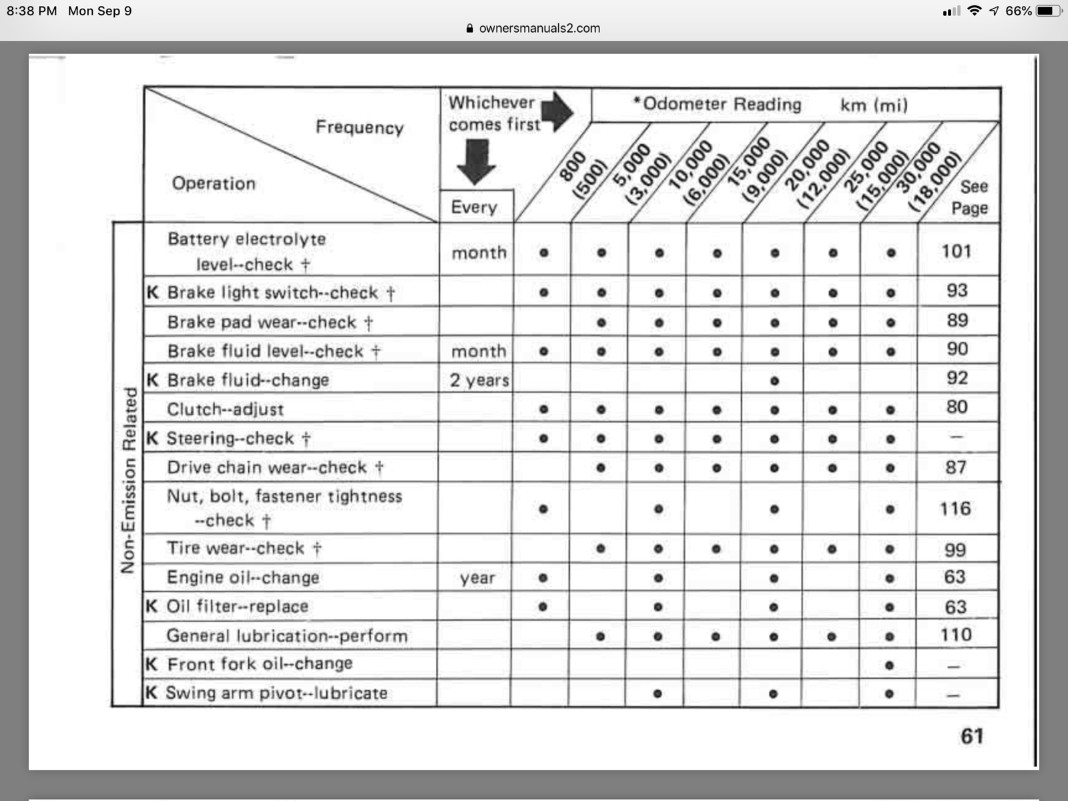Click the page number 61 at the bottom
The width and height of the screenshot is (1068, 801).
[x=972, y=736]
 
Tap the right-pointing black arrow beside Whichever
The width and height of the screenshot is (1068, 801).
[x=557, y=111]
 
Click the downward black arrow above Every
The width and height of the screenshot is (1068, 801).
[x=476, y=161]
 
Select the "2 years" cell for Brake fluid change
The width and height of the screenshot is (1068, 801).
[x=479, y=380]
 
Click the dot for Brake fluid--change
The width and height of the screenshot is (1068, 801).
[x=774, y=380]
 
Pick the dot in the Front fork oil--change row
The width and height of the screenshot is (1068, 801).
[x=888, y=665]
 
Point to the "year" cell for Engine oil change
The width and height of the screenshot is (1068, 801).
[x=477, y=578]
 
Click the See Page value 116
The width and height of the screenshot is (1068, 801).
[x=955, y=509]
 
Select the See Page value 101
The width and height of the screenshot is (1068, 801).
[x=956, y=252]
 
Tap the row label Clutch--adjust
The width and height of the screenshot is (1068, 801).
[x=225, y=409]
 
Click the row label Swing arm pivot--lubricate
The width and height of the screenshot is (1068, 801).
[x=276, y=693]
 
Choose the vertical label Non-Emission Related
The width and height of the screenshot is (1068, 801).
[x=129, y=480]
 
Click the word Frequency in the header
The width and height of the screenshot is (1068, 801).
[x=359, y=127]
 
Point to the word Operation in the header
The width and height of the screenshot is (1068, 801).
[x=214, y=183]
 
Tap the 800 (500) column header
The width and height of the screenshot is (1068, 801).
[x=581, y=175]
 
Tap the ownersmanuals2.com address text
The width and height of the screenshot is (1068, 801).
[x=539, y=28]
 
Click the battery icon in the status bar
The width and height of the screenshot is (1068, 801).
[x=1048, y=11]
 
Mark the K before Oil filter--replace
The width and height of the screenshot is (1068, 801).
[x=152, y=606]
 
